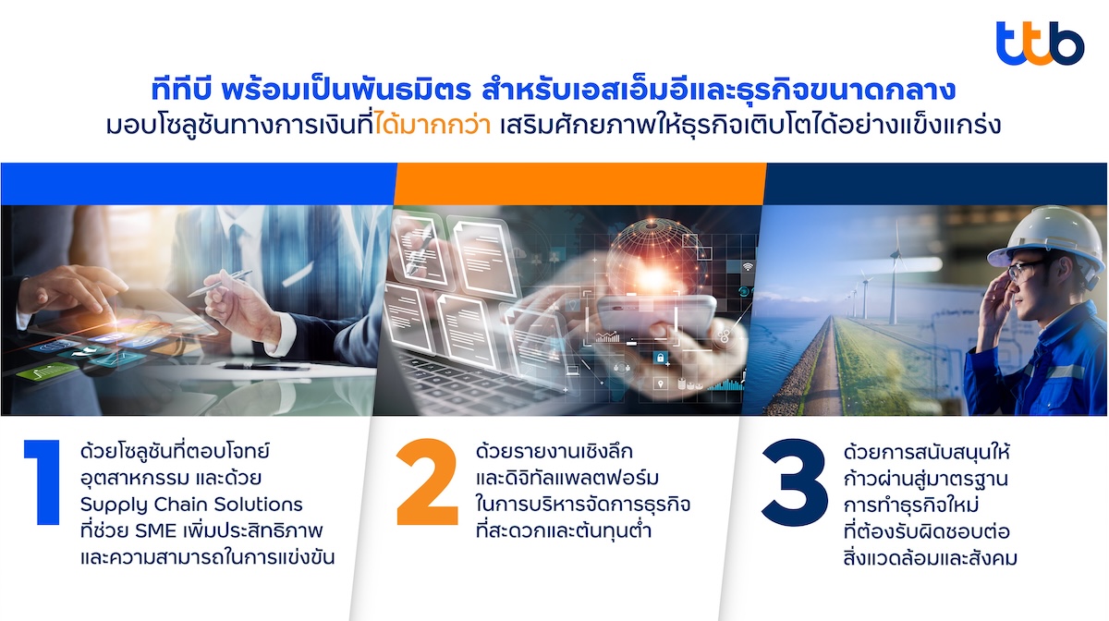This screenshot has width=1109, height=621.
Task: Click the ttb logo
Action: (x=1040, y=43)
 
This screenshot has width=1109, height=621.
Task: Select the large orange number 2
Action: (x=427, y=481)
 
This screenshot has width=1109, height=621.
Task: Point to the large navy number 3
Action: (x=795, y=482)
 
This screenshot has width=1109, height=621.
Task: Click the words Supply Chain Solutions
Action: (x=191, y=505)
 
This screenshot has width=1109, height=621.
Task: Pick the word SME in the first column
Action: (x=155, y=531)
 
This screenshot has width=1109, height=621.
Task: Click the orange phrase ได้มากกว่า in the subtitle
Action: (x=433, y=126)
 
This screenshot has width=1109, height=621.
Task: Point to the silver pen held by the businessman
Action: (x=220, y=283)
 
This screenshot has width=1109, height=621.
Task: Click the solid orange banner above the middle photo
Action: (x=579, y=184)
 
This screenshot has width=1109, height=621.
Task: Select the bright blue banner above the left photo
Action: (x=198, y=184)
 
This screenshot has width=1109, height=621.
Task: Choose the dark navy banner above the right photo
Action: (x=934, y=184)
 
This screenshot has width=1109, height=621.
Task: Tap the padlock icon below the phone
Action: (x=660, y=357)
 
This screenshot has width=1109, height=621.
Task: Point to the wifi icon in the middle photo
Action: (x=748, y=267)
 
